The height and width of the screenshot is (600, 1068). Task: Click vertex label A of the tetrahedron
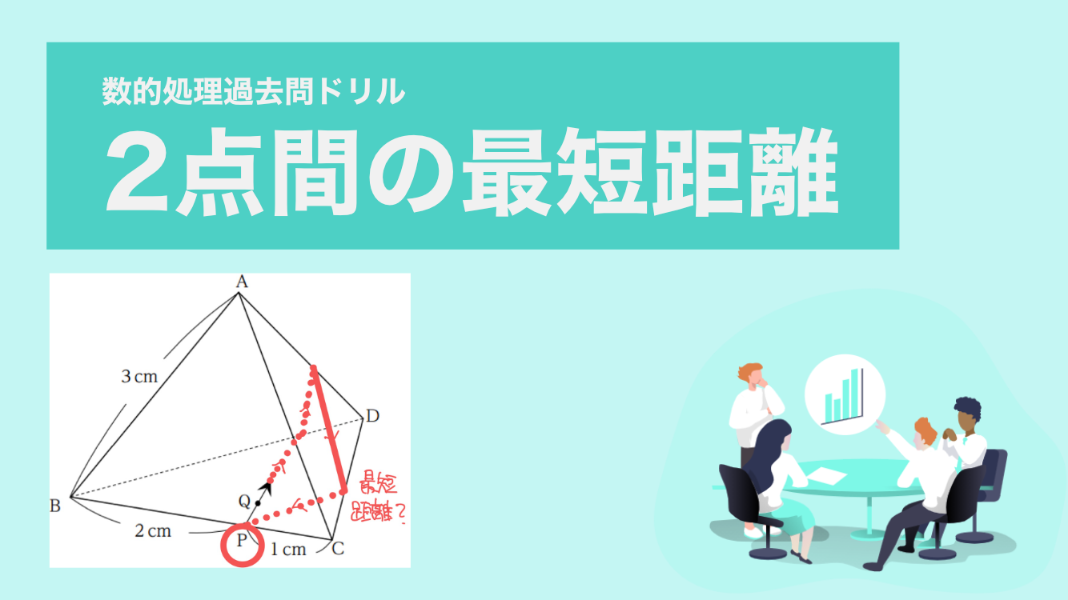pyautogui.click(x=243, y=282)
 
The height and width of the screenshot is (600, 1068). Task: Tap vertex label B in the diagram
pyautogui.click(x=54, y=506)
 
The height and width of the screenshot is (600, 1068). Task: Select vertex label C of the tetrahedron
pyautogui.click(x=338, y=549)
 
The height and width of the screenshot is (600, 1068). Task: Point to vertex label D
pyautogui.click(x=372, y=416)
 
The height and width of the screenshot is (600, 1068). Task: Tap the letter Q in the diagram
pyautogui.click(x=244, y=501)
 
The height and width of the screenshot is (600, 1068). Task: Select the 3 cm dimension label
pyautogui.click(x=139, y=377)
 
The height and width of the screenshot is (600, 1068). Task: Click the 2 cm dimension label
pyautogui.click(x=153, y=530)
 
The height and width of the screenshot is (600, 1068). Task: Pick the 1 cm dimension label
pyautogui.click(x=288, y=550)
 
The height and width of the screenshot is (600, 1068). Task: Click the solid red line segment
pyautogui.click(x=328, y=430)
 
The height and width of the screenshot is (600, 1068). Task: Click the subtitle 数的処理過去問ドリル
pyautogui.click(x=253, y=90)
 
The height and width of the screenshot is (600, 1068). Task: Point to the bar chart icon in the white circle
pyautogui.click(x=844, y=397)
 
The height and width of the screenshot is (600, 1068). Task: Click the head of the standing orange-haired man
pyautogui.click(x=753, y=374)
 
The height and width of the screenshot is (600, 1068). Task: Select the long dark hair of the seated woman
pyautogui.click(x=769, y=453)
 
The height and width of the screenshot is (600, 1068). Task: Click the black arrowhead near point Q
pyautogui.click(x=266, y=488)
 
